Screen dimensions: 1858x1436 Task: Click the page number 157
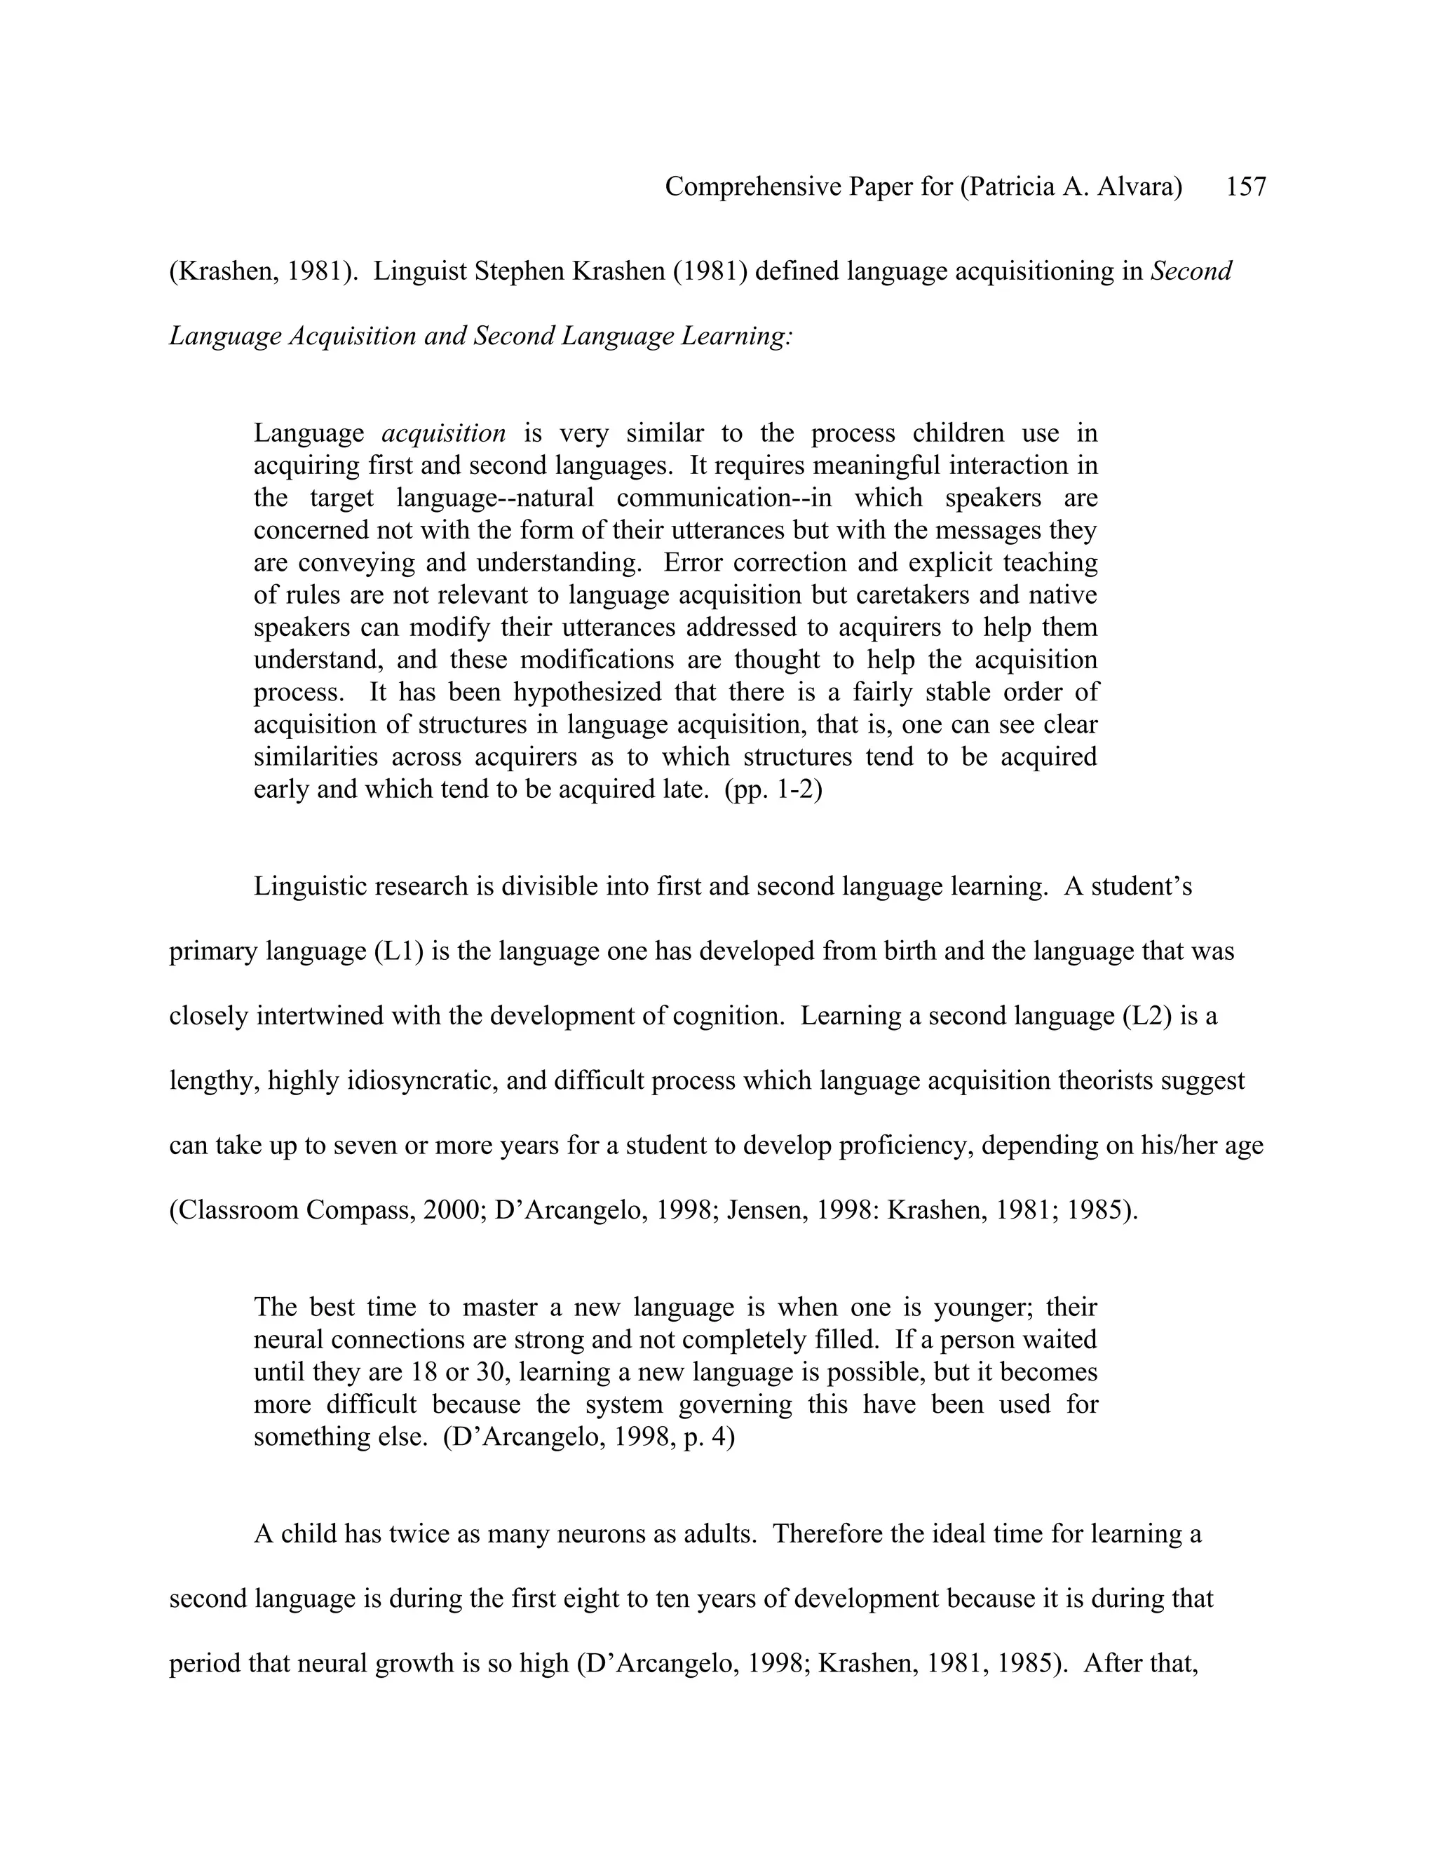pyautogui.click(x=1245, y=187)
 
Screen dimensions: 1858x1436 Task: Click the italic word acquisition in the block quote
pyautogui.click(x=443, y=433)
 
